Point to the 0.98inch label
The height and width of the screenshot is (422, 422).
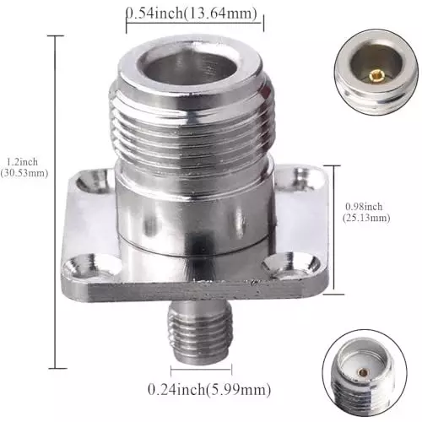pyautogui.click(x=365, y=206)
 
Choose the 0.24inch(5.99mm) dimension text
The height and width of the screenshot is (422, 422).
pyautogui.click(x=209, y=389)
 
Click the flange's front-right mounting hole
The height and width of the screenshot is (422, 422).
pyautogui.click(x=279, y=266)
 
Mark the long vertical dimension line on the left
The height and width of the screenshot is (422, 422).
pyautogui.click(x=58, y=203)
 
